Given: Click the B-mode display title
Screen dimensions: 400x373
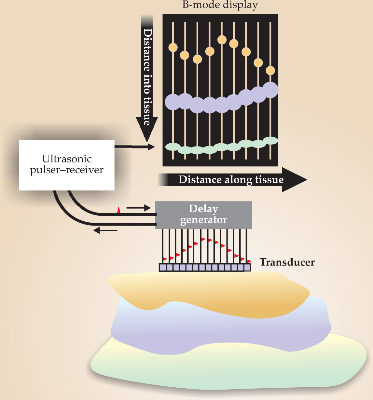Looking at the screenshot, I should click(220, 5).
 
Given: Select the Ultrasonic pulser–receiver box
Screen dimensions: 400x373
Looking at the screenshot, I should click(67, 165).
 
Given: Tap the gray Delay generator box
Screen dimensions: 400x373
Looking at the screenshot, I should click(203, 214).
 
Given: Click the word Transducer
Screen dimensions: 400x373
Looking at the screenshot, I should click(287, 262).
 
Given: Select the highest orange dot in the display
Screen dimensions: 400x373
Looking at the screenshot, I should click(222, 40).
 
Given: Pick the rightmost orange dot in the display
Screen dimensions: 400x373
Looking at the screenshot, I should click(270, 70).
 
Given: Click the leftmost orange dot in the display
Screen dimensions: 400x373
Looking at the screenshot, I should click(173, 47).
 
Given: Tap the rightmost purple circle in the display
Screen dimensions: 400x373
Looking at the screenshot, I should click(270, 90).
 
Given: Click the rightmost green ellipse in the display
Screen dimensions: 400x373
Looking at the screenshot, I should click(270, 140).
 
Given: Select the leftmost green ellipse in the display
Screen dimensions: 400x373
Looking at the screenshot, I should click(173, 147).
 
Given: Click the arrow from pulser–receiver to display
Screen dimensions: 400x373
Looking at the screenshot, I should click(135, 147).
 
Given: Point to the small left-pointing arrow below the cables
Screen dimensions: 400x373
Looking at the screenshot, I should click(105, 230).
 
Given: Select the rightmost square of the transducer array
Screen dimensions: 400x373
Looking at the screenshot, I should click(247, 267).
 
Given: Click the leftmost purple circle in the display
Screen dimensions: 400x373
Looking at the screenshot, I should click(173, 102).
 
